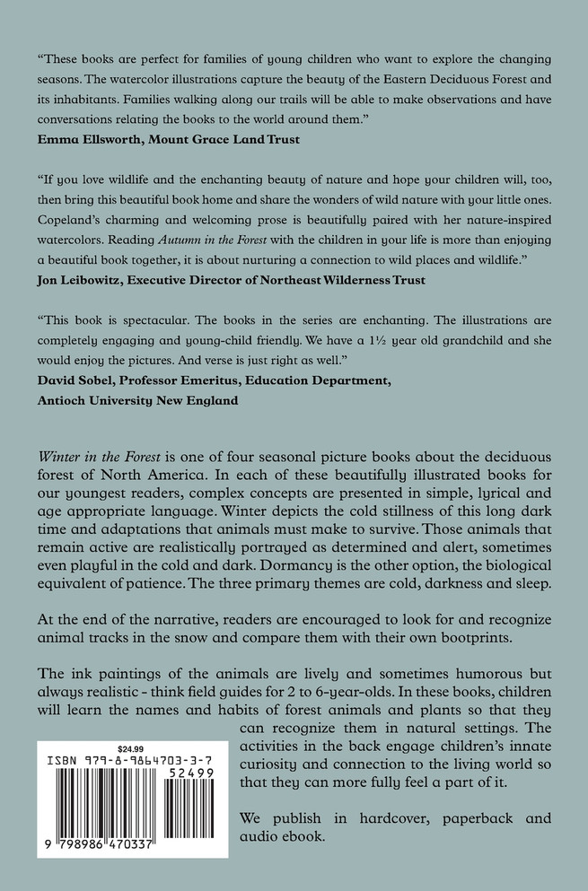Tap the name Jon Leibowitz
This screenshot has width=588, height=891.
[x=83, y=279]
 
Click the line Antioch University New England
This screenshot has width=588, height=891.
[x=137, y=401]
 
